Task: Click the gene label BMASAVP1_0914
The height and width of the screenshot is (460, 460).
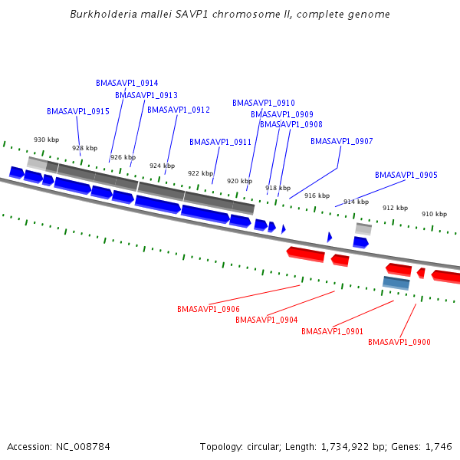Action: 127,83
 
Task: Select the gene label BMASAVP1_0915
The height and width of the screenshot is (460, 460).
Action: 77,111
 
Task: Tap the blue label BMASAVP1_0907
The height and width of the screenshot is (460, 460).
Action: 341,141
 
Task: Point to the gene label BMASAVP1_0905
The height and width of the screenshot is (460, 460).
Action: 406,175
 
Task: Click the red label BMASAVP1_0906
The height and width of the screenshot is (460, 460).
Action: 208,309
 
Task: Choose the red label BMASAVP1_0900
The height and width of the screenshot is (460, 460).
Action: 399,342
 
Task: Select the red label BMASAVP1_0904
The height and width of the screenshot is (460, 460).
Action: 266,320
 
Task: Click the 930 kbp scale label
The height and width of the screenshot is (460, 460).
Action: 46,140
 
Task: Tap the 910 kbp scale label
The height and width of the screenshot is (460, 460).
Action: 434,214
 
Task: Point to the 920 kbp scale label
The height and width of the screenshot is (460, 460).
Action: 239,181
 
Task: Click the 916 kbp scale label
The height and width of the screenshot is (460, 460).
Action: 317,195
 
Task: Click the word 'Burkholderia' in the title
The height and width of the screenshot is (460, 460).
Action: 99,14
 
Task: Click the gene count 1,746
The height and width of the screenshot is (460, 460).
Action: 438,446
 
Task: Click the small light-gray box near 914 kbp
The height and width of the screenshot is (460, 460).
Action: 363,228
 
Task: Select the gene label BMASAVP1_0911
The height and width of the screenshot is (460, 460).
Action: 220,142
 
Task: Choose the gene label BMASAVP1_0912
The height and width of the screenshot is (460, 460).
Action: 178,110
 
